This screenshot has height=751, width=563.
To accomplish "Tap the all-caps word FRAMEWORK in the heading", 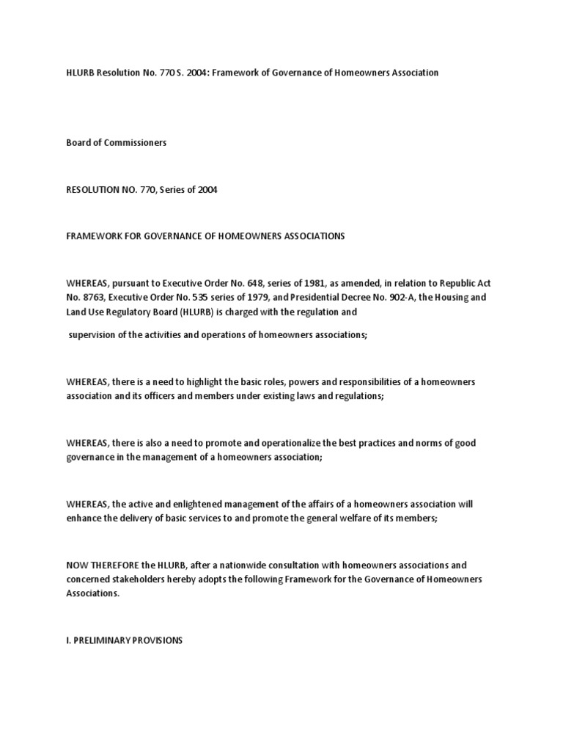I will point(95,236).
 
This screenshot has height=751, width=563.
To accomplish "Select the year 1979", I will point(250,298).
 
